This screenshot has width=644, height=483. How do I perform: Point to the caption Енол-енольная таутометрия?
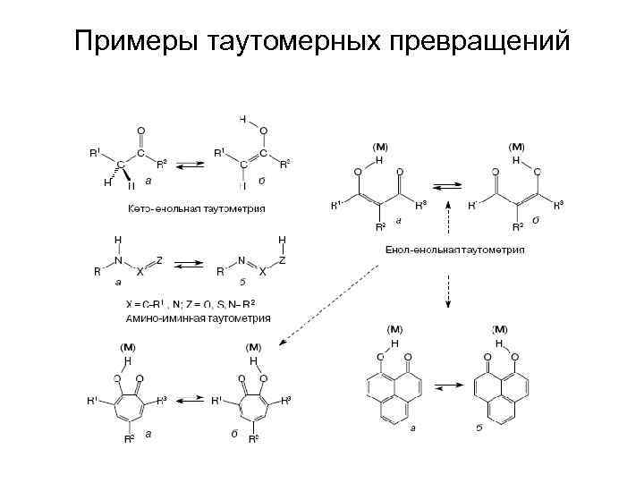(x=455, y=250)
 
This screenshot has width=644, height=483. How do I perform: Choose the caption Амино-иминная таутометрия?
(x=198, y=317)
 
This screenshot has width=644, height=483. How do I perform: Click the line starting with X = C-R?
(x=197, y=305)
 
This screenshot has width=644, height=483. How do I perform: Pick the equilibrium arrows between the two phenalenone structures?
(x=451, y=387)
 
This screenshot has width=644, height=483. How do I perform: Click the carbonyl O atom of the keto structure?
(x=140, y=129)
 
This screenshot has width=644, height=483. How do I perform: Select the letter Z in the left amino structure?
(x=159, y=258)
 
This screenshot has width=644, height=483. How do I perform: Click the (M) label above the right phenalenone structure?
(x=501, y=331)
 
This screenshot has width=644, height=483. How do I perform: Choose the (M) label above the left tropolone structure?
(x=128, y=347)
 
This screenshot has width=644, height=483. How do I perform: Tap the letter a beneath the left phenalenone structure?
(x=412, y=429)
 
